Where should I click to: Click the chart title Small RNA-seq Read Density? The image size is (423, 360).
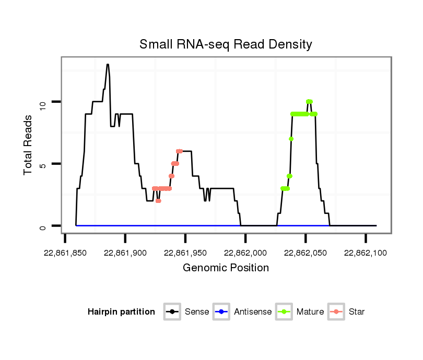pyautogui.click(x=226, y=44)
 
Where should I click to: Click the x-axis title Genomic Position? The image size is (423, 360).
pyautogui.click(x=226, y=268)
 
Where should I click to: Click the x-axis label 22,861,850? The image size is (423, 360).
pyautogui.click(x=65, y=253)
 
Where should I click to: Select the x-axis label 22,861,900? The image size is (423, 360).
pyautogui.click(x=125, y=253)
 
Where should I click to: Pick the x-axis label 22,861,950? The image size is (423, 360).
pyautogui.click(x=185, y=253)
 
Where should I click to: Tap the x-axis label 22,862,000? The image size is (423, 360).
pyautogui.click(x=246, y=253)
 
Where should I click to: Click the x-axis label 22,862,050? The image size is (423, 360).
pyautogui.click(x=306, y=253)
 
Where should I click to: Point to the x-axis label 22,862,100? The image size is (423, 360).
pyautogui.click(x=366, y=253)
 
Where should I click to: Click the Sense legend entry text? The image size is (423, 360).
pyautogui.click(x=197, y=312)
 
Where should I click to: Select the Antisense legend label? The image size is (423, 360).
pyautogui.click(x=253, y=312)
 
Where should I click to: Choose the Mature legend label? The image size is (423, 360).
pyautogui.click(x=310, y=312)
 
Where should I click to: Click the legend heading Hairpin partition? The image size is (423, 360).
pyautogui.click(x=121, y=312)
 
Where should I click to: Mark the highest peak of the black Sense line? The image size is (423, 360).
pyautogui.click(x=108, y=65)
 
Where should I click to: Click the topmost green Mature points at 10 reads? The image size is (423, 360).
pyautogui.click(x=309, y=102)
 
